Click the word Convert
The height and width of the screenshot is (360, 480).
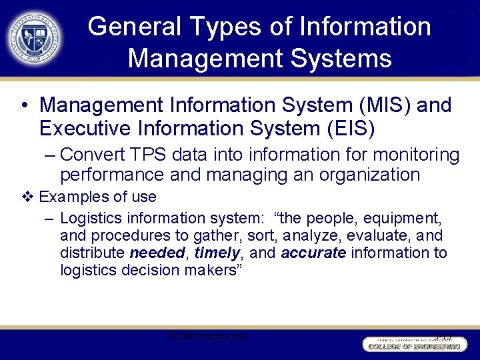pyautogui.click(x=97, y=155)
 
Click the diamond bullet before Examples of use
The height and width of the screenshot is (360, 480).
pyautogui.click(x=27, y=197)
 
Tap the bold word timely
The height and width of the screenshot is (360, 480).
pyautogui.click(x=217, y=253)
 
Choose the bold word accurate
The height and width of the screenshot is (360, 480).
pyautogui.click(x=313, y=253)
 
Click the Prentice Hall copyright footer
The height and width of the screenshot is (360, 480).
pyautogui.click(x=207, y=337)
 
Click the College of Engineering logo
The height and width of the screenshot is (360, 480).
pyautogui.click(x=413, y=345)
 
